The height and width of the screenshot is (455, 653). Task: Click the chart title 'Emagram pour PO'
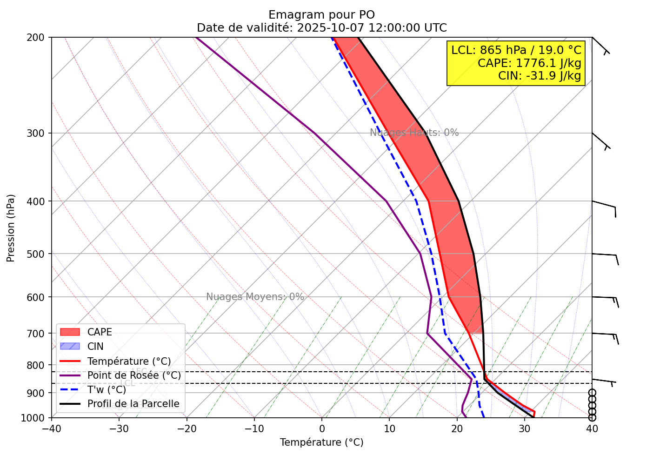[x=321, y=15]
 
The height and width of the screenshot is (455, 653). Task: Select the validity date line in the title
[x=321, y=27]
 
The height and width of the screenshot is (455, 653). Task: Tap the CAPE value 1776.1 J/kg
[x=529, y=63]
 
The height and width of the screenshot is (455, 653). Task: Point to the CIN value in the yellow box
[x=540, y=75]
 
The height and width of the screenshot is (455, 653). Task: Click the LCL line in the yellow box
[x=516, y=50]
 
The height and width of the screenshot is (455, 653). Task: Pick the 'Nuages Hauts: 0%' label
[x=414, y=133]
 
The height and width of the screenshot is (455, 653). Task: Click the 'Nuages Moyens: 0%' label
[x=255, y=297]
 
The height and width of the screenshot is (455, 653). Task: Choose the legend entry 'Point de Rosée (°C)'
[x=134, y=375]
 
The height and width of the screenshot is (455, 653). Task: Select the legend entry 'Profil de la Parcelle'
[x=133, y=404]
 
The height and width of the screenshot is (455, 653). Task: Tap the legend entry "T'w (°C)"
[x=107, y=390]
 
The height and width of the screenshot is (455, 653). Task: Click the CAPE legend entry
[x=100, y=332]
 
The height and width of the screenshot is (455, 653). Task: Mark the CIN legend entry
[x=95, y=347]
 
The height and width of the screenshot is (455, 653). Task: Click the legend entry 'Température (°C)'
[x=129, y=361]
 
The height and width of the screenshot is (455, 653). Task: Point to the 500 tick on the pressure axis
[x=37, y=254]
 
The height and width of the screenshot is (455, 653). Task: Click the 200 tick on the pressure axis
[x=37, y=37]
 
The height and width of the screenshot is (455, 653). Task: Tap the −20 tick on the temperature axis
[x=186, y=428]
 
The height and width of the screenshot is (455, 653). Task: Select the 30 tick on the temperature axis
[x=524, y=428]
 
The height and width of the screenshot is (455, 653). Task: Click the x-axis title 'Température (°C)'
[x=321, y=442]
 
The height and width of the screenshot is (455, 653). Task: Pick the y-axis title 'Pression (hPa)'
[x=11, y=228]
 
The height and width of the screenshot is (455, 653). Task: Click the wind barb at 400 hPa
[x=605, y=205]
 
